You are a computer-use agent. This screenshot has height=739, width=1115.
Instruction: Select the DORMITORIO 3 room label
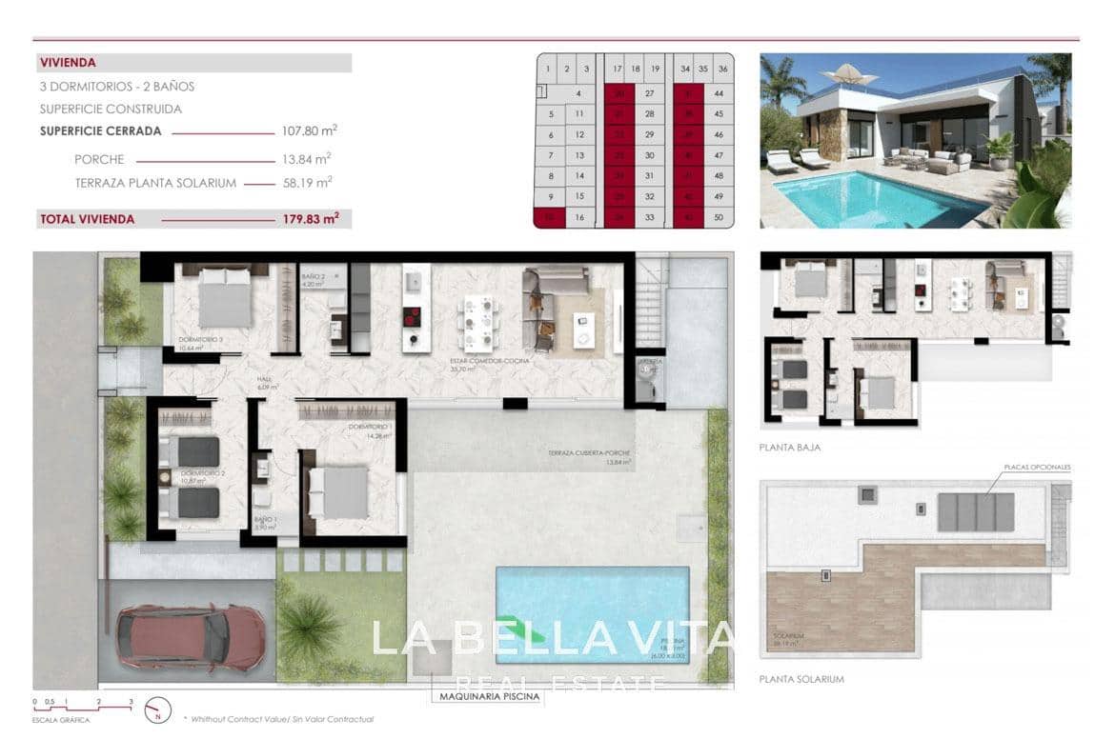pos(200,340)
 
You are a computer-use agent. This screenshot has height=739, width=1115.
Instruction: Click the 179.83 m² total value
pos(312,219)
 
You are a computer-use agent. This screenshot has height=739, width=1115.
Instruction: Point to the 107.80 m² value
pos(310,131)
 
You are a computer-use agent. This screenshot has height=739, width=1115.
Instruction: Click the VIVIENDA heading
pos(68,64)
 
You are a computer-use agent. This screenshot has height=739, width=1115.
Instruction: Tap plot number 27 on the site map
pos(650,93)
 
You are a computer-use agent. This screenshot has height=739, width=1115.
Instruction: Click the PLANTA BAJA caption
pos(789,447)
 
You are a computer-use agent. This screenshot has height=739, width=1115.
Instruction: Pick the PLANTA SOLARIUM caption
pos(801,680)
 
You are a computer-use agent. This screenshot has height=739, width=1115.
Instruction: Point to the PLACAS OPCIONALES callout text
pos(1037,468)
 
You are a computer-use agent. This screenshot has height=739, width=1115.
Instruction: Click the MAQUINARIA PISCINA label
pos(490,697)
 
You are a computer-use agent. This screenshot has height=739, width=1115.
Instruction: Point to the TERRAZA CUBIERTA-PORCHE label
pos(589,453)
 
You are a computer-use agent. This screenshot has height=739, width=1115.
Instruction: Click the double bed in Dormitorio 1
pos(339,491)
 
